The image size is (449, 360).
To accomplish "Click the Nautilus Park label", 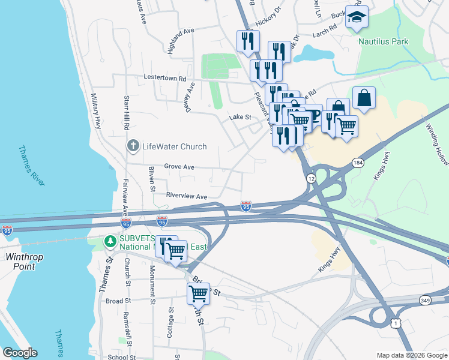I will click(x=383, y=41).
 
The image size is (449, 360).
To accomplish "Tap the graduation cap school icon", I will click(x=357, y=18).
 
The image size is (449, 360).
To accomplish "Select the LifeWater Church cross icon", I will click(x=133, y=146).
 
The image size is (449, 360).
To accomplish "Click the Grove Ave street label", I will click(x=179, y=167).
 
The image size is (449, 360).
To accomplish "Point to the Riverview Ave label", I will click(x=186, y=196).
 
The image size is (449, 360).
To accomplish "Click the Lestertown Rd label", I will click(x=165, y=78).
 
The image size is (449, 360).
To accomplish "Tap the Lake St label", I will click(x=240, y=118).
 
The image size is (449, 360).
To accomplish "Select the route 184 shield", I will click(x=358, y=163).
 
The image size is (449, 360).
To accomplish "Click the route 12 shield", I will click(x=310, y=179).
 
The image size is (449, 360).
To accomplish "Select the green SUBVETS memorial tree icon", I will click(x=110, y=241).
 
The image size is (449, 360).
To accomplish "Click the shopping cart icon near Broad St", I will click(x=198, y=293).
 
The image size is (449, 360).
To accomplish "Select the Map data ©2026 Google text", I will click(x=411, y=355).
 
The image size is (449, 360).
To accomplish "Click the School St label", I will click(x=122, y=357).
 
